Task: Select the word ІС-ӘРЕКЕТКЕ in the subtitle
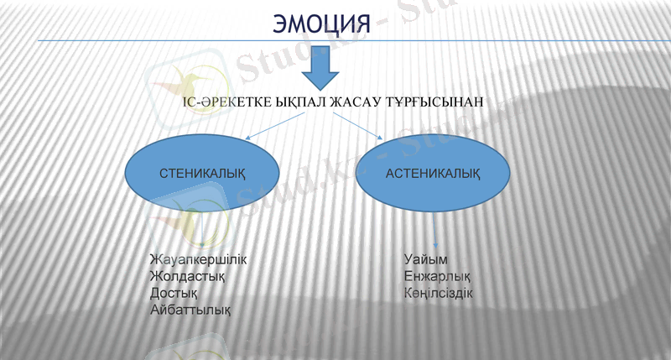[x=221, y=102]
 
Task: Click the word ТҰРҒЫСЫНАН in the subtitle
[x=438, y=102]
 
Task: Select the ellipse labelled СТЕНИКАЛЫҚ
[x=202, y=174]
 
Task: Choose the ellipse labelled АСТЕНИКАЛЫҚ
[x=433, y=174]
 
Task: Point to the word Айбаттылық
[x=190, y=310]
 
